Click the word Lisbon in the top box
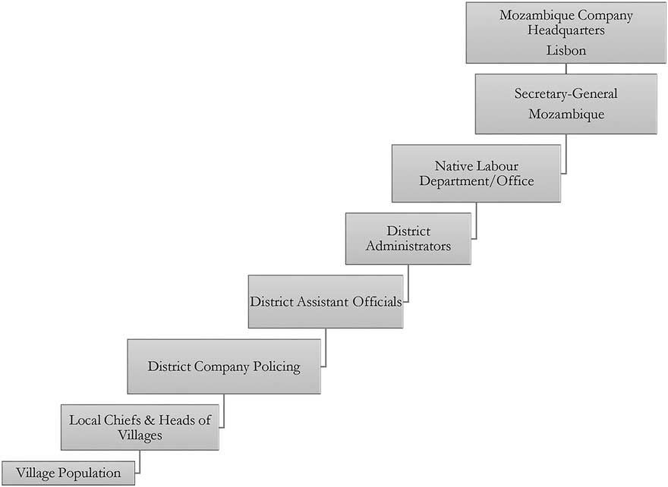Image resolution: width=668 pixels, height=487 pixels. (566, 50)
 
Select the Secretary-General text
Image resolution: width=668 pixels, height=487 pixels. (566, 94)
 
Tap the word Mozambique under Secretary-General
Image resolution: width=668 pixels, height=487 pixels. (566, 114)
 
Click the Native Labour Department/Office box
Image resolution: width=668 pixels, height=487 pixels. (476, 174)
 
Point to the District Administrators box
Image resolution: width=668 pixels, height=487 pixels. (408, 238)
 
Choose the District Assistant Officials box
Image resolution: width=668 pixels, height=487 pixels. (325, 301)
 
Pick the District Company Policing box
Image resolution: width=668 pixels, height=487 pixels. (223, 366)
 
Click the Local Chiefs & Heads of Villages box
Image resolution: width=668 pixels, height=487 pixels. (140, 427)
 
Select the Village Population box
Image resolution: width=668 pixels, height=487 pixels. (68, 473)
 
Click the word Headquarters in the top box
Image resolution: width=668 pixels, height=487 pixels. (566, 30)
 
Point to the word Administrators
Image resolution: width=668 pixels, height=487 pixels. (408, 246)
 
